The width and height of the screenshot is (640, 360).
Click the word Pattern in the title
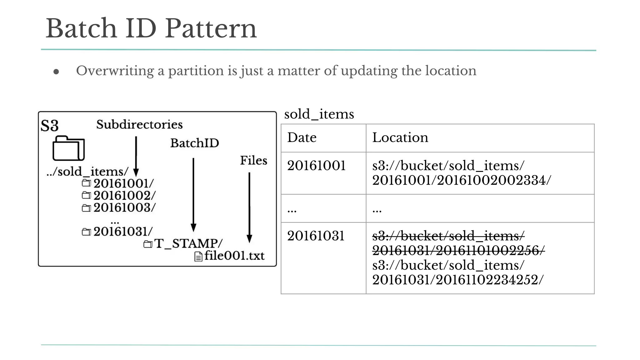click(x=211, y=29)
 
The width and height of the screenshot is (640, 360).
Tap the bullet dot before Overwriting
click(x=56, y=72)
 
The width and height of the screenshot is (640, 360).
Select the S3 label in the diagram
click(x=49, y=126)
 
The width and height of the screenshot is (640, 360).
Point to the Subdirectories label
click(x=139, y=125)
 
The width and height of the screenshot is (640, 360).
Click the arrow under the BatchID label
click(x=193, y=194)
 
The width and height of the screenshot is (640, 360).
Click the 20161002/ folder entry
click(x=124, y=196)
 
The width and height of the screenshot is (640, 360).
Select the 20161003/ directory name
click(x=124, y=207)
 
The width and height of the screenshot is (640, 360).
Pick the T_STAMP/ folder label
click(x=188, y=243)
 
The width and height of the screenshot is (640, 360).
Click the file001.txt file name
click(x=234, y=256)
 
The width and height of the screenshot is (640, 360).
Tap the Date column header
click(x=302, y=138)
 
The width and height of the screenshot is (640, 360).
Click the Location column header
click(x=400, y=138)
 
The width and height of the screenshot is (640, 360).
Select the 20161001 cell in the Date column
click(x=316, y=166)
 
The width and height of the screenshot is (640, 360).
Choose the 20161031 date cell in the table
click(x=316, y=236)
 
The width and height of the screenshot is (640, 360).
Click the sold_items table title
click(x=319, y=114)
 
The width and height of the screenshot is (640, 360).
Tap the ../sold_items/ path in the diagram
click(x=87, y=172)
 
